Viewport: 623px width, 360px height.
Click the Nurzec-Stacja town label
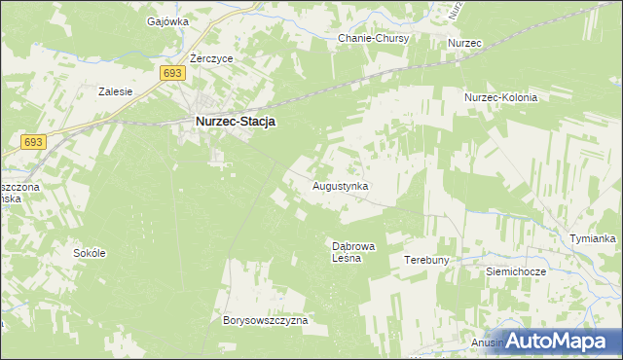[x=235, y=122]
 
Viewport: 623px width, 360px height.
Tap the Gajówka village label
[x=166, y=20]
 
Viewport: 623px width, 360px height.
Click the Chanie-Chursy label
[x=374, y=39]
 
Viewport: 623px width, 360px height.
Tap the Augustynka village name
[x=341, y=184]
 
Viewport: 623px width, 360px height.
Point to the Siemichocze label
[x=516, y=272]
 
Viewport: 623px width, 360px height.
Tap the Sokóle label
[x=90, y=252]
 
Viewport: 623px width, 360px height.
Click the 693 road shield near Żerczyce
[x=172, y=74]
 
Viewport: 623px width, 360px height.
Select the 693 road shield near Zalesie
[x=32, y=142]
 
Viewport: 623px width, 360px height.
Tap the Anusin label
[x=488, y=342]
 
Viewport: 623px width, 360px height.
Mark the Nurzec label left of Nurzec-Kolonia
[x=465, y=44]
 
